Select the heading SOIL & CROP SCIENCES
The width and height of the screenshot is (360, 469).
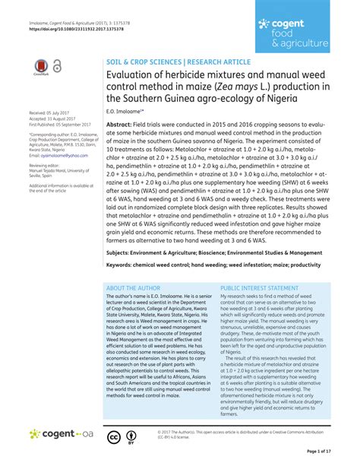(142, 59)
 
